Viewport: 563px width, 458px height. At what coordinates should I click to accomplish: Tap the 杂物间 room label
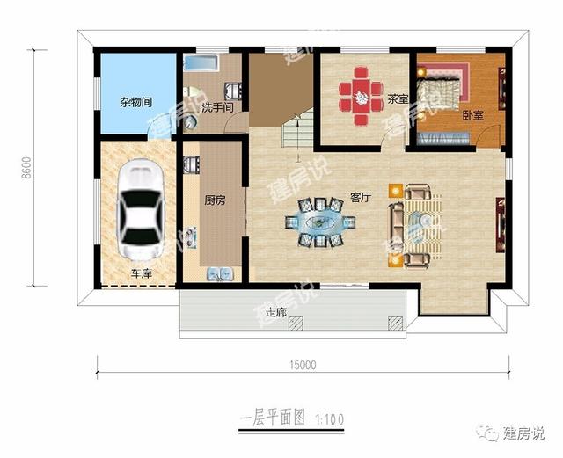136,101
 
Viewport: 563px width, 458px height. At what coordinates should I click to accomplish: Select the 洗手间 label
216,107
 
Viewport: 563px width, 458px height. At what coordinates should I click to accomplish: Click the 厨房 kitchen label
215,201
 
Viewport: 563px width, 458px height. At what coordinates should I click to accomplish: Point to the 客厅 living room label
361,198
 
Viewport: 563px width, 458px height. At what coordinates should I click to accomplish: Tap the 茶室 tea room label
398,99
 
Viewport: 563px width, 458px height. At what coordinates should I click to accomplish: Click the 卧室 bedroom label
472,114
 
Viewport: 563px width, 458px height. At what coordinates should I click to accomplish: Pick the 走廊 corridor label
276,312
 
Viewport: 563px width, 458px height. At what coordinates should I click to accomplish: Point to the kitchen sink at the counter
219,274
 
